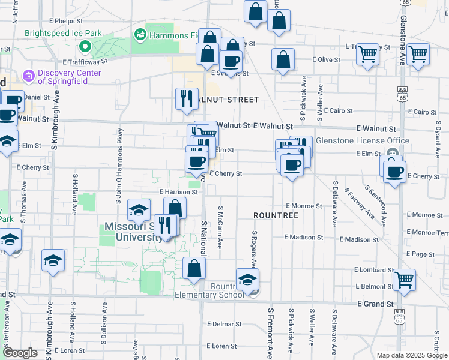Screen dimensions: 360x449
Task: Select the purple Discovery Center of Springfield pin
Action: coord(27,76)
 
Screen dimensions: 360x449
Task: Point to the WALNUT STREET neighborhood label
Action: coord(231,100)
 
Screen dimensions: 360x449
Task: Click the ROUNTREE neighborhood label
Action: coord(276,215)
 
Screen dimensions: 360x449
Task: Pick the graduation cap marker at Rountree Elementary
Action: coord(247,279)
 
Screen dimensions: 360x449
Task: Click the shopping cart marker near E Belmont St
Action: coord(405,280)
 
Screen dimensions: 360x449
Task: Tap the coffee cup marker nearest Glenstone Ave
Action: coord(394,173)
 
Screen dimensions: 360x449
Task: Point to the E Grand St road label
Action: coord(375,304)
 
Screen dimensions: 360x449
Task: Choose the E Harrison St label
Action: coord(179,192)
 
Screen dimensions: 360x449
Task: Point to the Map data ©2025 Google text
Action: coord(411,355)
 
